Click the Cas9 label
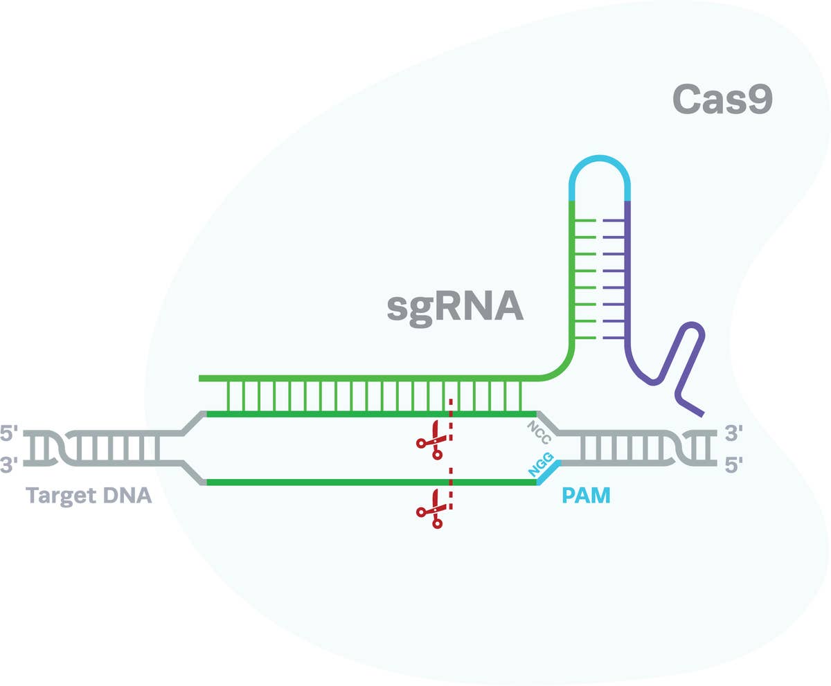(x=722, y=100)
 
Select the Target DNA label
(x=89, y=496)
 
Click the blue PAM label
(x=586, y=496)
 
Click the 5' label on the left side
(x=10, y=433)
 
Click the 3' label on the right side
(x=733, y=433)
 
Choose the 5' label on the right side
(x=733, y=465)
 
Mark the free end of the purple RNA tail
(x=703, y=414)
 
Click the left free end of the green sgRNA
(x=201, y=379)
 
